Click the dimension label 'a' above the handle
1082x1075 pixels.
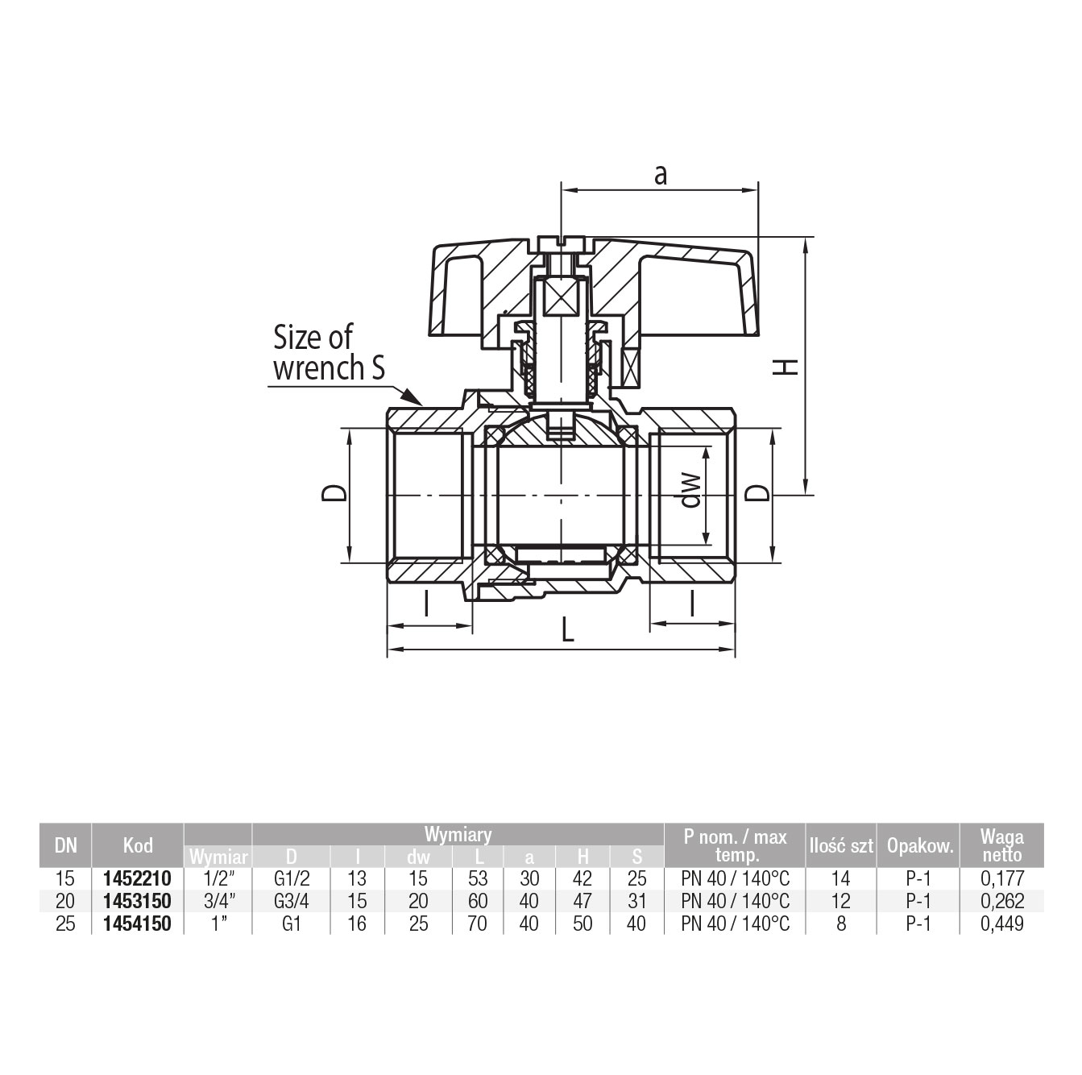tap(661, 176)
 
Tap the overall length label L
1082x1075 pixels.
tap(568, 630)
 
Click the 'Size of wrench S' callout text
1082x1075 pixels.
tap(329, 353)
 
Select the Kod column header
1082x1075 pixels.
tap(138, 845)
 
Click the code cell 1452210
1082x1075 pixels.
tap(138, 878)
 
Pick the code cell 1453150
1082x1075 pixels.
tap(138, 901)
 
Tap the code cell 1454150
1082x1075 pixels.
tap(138, 924)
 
